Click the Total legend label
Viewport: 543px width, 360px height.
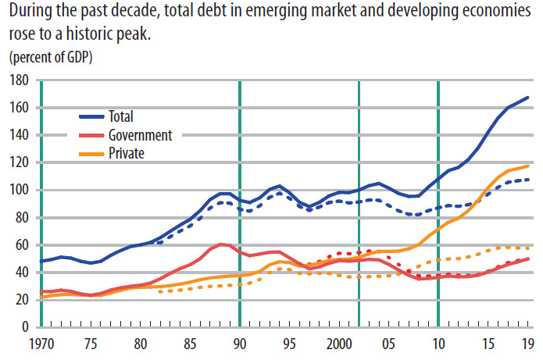click(x=121, y=116)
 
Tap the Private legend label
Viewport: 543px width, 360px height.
click(x=127, y=153)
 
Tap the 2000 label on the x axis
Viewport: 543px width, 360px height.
click(x=338, y=344)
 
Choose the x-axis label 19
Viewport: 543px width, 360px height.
click(x=528, y=344)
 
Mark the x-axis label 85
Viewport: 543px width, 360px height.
click(x=190, y=344)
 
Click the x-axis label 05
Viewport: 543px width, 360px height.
click(x=388, y=344)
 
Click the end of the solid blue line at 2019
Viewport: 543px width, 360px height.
click(x=529, y=98)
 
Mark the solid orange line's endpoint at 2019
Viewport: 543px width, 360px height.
click(x=529, y=166)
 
